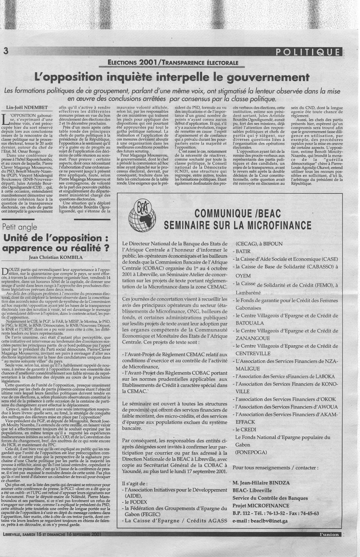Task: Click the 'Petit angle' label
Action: click(x=19, y=227)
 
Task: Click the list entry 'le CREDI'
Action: click(x=245, y=429)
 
